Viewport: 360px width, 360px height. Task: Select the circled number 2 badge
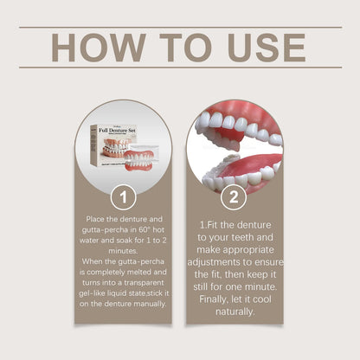[233, 198]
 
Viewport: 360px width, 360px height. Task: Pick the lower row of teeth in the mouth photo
[234, 179]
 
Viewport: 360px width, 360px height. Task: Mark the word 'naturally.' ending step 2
[233, 312]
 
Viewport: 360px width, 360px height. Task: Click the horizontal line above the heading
[180, 27]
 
